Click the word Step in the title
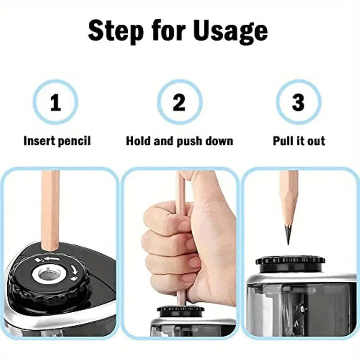117,31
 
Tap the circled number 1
55,103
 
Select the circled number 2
179,103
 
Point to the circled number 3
298,103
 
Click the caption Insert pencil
57,141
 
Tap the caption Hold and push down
180,141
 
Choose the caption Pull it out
299,141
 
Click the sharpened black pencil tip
288,234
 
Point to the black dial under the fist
180,311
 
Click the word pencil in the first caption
74,141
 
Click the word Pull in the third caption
283,141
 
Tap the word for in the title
167,31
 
